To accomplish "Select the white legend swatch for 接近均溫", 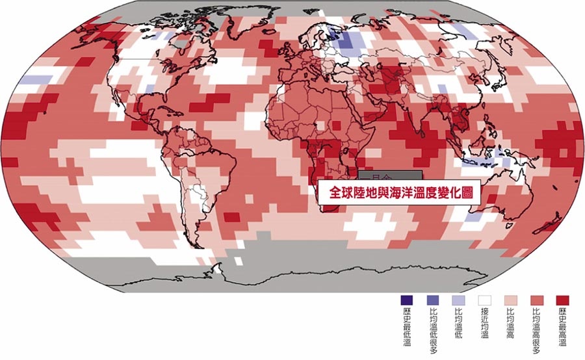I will [x=484, y=300].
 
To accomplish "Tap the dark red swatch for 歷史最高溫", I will [x=562, y=300].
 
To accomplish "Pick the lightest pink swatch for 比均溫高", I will [x=510, y=300].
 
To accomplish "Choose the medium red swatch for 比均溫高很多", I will [x=536, y=300].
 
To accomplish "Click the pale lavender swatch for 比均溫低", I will [x=459, y=300].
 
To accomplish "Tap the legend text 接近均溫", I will [x=484, y=325].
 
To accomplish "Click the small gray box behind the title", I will [x=390, y=174].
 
